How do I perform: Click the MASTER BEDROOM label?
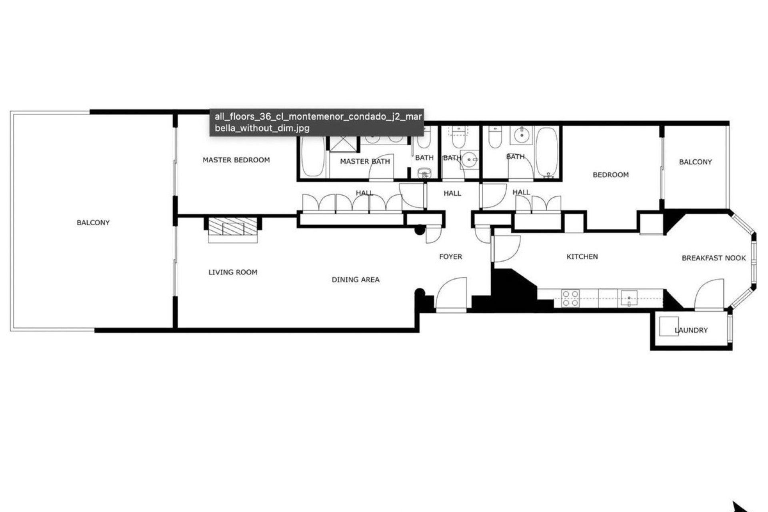(x=236, y=160)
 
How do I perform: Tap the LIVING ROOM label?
(x=233, y=272)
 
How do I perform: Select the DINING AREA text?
(x=356, y=280)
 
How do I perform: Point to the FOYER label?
(x=450, y=257)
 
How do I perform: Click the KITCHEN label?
(x=582, y=257)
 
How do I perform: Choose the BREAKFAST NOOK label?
(x=714, y=258)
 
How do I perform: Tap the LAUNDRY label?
(x=691, y=330)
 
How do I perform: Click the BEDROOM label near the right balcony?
(x=610, y=175)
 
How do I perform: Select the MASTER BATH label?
(x=365, y=162)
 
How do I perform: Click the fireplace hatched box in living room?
(x=232, y=227)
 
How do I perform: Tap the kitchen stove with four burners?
(x=570, y=298)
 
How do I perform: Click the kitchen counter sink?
(x=629, y=298)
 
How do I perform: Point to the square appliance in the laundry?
(x=668, y=326)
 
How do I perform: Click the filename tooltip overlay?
(x=316, y=122)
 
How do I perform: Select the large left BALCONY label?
(x=93, y=223)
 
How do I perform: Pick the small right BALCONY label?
(x=695, y=162)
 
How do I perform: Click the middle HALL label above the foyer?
(x=452, y=194)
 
